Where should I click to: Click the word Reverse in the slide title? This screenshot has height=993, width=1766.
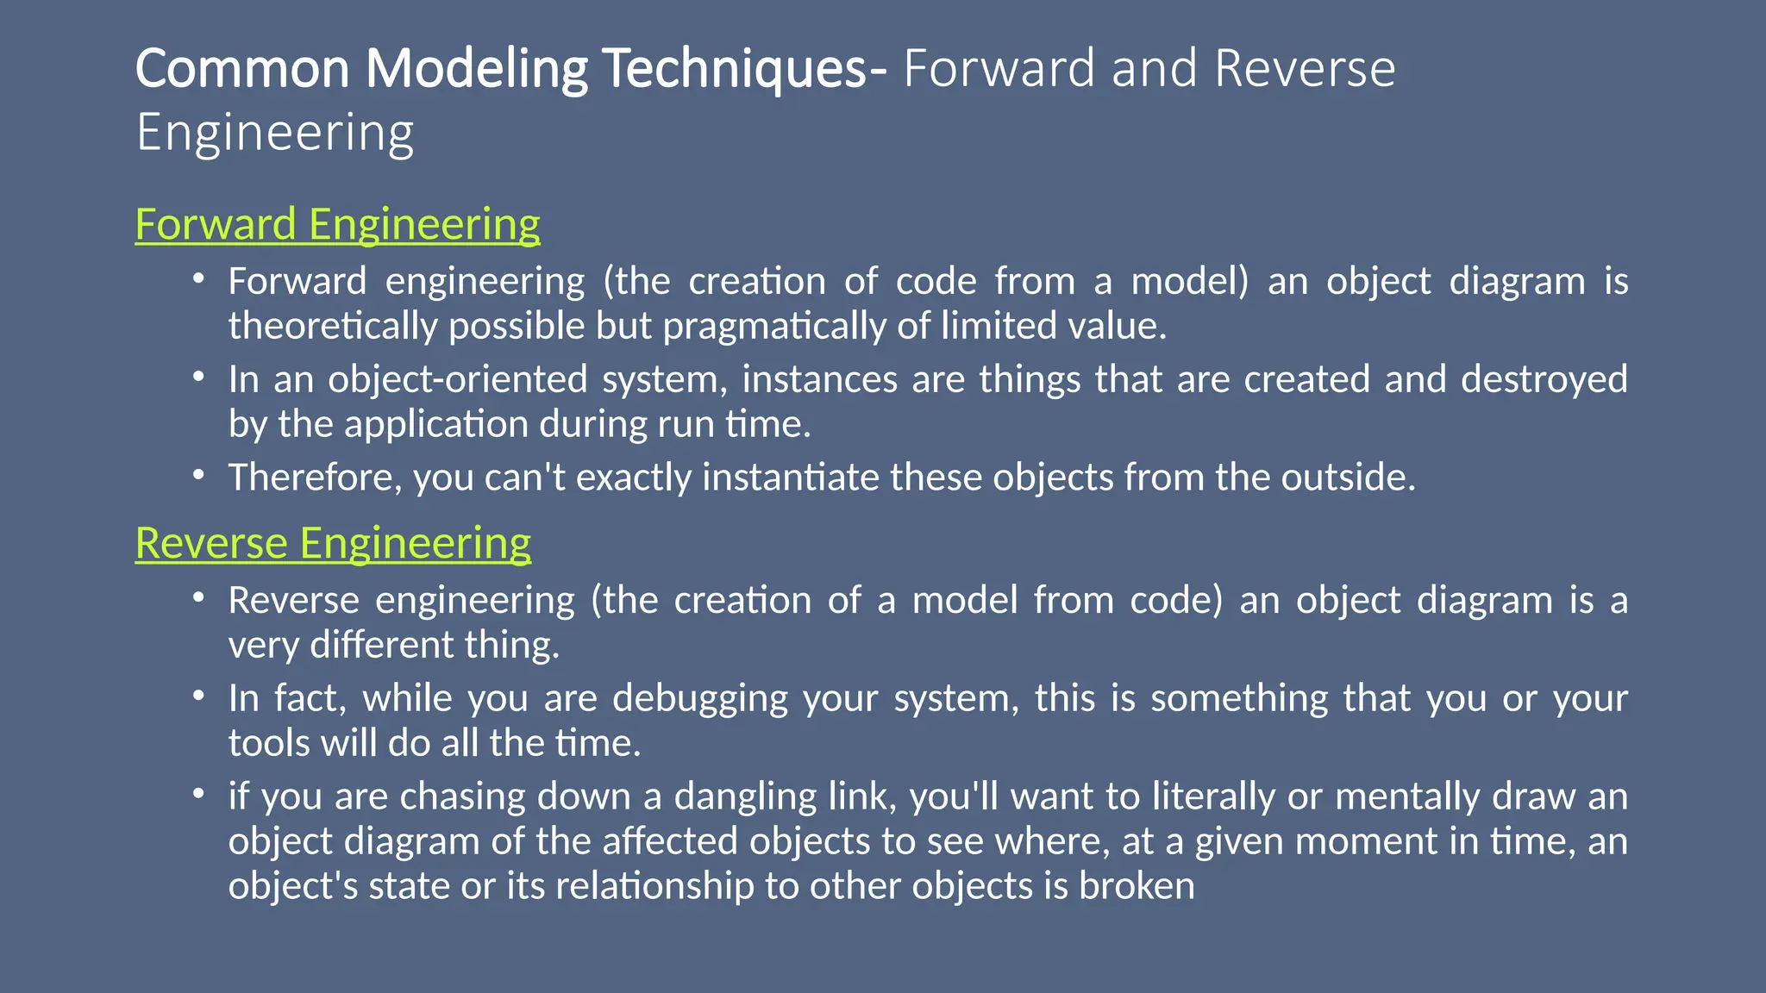point(1304,69)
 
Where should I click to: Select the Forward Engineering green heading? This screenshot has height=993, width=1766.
point(337,224)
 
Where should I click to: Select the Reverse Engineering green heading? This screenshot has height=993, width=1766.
point(333,543)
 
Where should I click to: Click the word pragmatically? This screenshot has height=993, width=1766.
point(774,327)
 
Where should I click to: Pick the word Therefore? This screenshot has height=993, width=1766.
point(314,478)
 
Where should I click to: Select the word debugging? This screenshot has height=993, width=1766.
point(699,698)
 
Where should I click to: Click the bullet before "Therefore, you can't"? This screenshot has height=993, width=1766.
point(199,474)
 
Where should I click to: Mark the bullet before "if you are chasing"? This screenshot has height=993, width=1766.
point(199,793)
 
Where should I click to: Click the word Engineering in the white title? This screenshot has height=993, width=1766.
point(275,134)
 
